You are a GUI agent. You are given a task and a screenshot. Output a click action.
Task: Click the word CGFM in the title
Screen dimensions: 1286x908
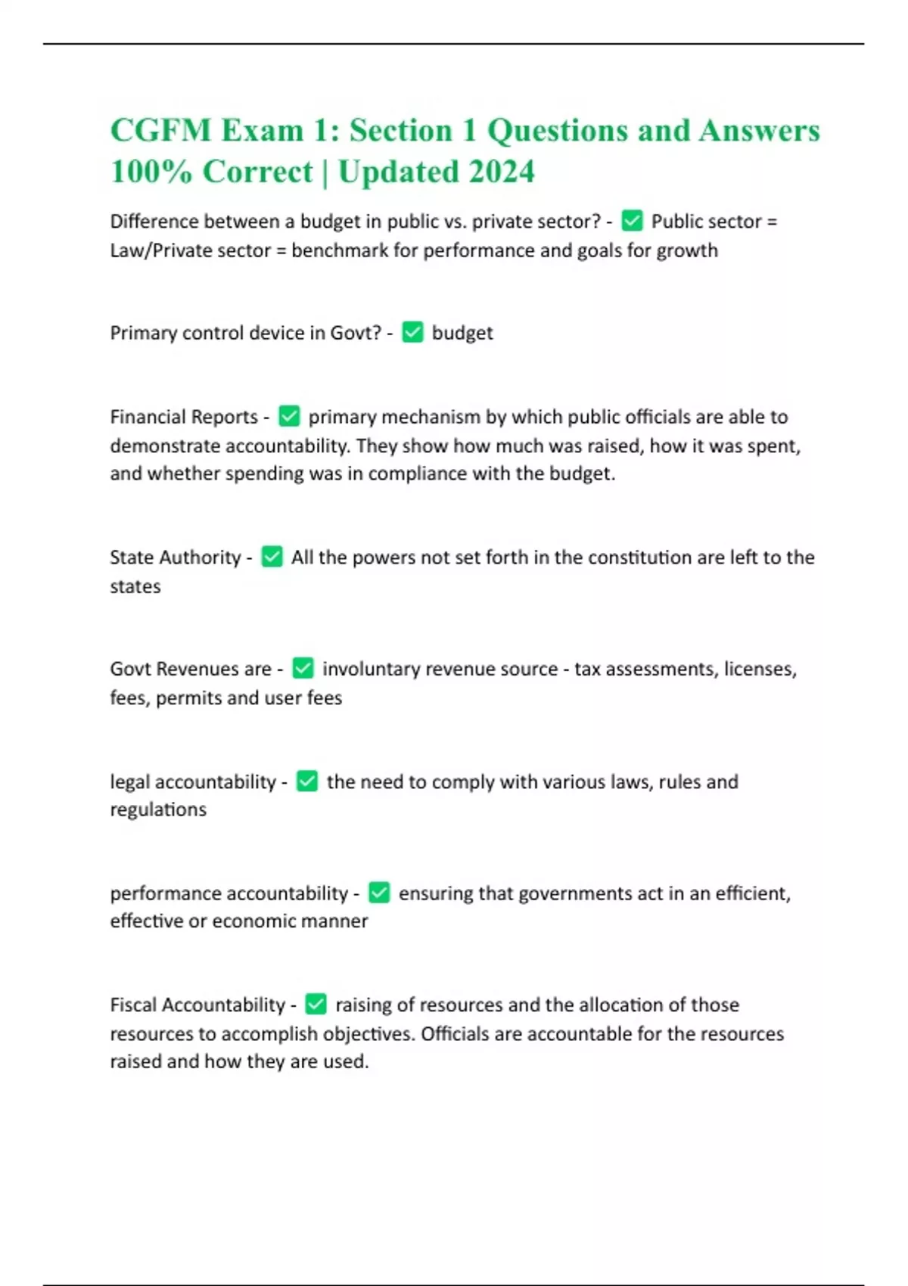(160, 131)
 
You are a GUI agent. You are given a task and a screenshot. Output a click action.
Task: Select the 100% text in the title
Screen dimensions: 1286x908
(151, 172)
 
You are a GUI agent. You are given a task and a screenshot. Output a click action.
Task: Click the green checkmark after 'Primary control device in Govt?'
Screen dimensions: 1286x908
(412, 332)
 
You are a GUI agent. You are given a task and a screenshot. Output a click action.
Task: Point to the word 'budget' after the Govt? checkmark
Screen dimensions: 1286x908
(462, 333)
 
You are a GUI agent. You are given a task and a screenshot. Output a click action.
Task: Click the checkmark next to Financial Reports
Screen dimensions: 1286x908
(289, 416)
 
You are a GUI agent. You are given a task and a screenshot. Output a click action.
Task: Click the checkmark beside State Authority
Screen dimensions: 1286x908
(272, 557)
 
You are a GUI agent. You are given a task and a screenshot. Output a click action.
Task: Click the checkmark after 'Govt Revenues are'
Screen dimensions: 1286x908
(303, 668)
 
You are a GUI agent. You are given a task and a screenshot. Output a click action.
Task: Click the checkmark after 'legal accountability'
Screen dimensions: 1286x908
(307, 781)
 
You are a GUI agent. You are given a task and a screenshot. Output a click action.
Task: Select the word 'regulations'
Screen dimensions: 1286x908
(158, 809)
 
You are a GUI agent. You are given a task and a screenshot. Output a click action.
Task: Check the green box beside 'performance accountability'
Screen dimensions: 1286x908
(379, 893)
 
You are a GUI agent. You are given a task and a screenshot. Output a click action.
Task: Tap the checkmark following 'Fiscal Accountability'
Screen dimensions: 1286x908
(316, 1004)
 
